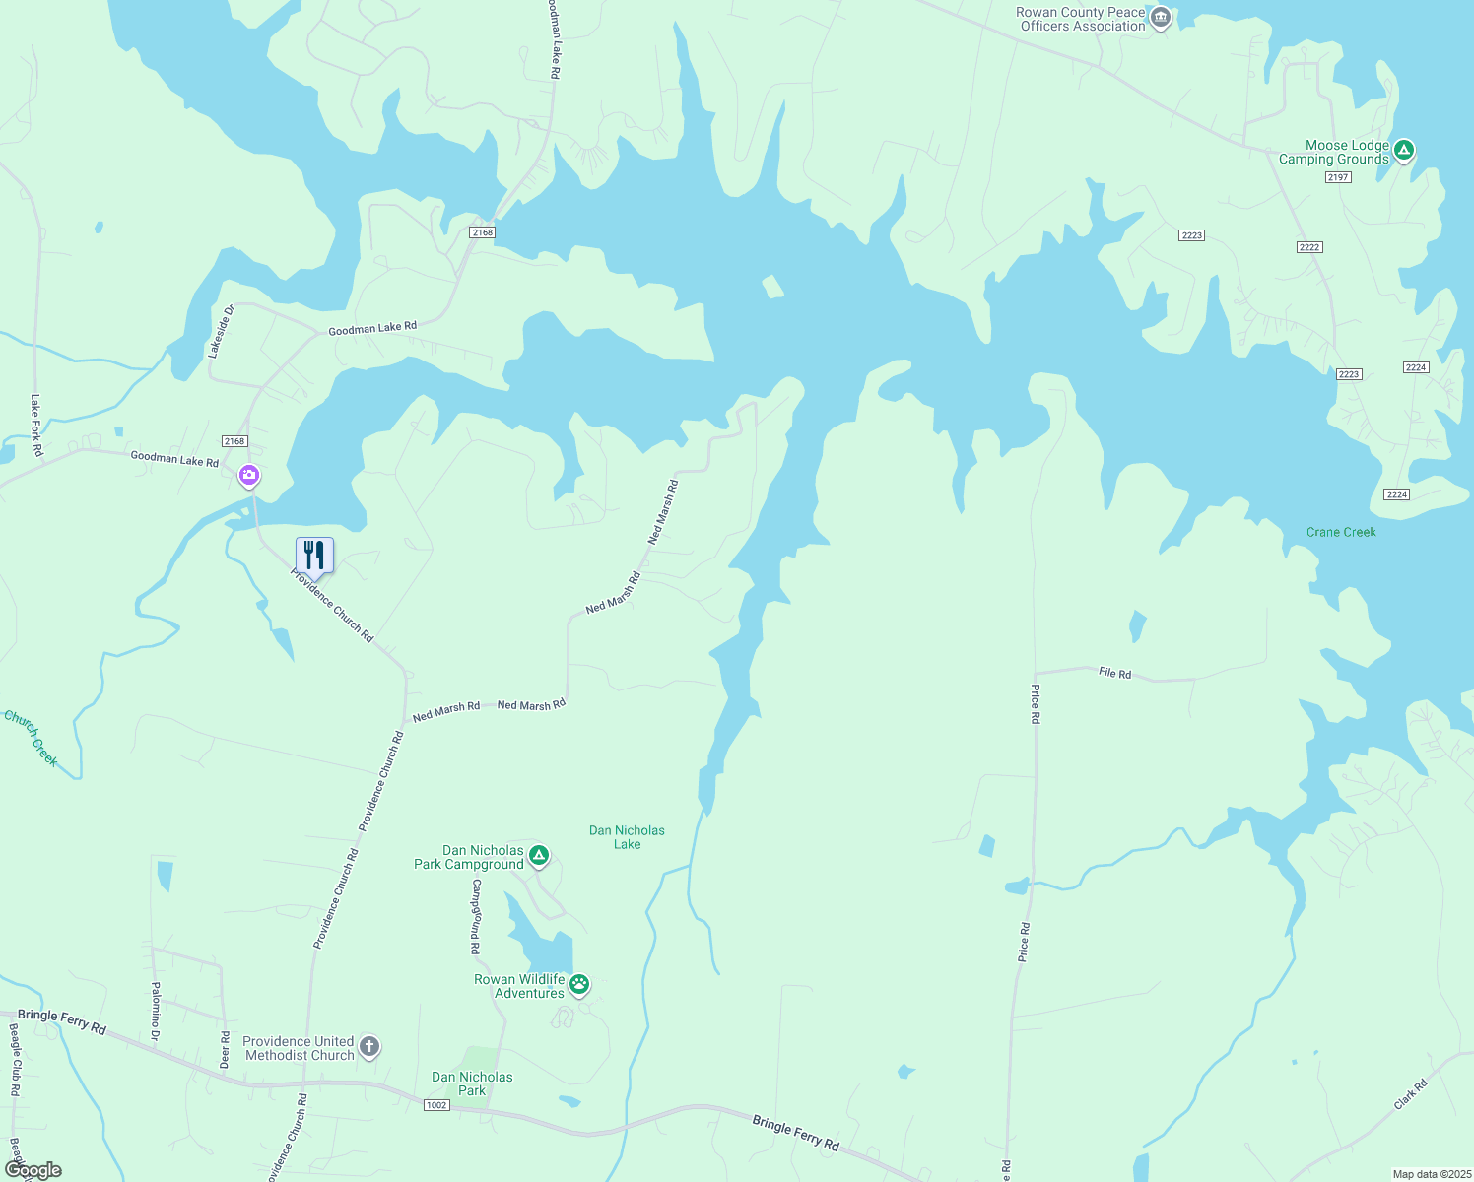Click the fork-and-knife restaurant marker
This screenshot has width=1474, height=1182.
tap(314, 556)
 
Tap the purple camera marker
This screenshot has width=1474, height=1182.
tap(249, 476)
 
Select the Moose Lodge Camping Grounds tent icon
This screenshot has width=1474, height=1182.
tap(1404, 151)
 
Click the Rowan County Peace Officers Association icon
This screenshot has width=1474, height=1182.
tap(1161, 18)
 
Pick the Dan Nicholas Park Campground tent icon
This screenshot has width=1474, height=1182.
tap(538, 855)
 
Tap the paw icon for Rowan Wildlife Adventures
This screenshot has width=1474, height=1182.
tap(579, 983)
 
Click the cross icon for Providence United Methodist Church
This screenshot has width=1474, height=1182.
tap(368, 1046)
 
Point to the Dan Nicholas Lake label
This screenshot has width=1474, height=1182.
tap(627, 837)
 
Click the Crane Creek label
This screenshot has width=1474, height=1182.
tap(1341, 532)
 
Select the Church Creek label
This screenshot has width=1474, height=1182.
tap(32, 738)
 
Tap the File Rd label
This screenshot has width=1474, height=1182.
tap(1115, 673)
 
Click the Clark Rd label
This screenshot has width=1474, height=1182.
tap(1411, 1095)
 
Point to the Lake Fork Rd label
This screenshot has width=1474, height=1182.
tap(36, 426)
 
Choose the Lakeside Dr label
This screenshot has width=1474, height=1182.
tap(221, 330)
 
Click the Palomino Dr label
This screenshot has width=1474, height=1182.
tap(155, 1012)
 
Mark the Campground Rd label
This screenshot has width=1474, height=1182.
tap(476, 916)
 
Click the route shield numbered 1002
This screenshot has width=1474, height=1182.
tap(436, 1105)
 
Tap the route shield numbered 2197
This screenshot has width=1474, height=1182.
tap(1338, 177)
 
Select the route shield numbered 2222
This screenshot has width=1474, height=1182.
tap(1309, 247)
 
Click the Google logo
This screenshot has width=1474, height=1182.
tap(33, 1170)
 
